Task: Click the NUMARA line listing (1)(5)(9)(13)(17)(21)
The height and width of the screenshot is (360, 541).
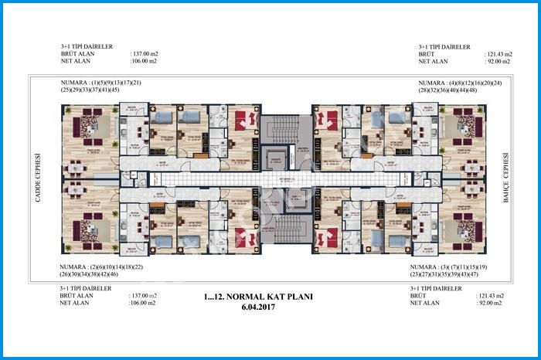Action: click(x=100, y=82)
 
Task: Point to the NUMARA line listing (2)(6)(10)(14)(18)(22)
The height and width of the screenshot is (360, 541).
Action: click(x=100, y=266)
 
